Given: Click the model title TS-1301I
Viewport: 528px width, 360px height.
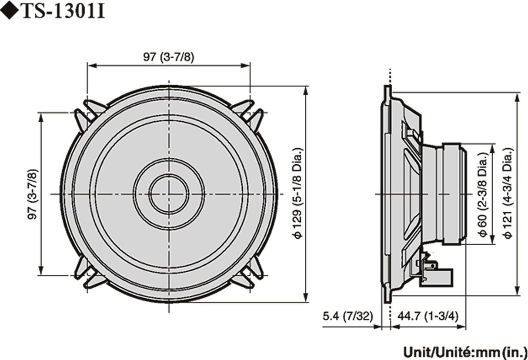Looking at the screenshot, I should coord(63,12).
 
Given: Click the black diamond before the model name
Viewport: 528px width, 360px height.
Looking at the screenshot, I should coord(10,12).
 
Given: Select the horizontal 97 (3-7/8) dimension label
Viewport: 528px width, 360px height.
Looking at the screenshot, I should coord(168,57).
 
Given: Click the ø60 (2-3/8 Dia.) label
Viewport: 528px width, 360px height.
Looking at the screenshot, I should coord(483,194).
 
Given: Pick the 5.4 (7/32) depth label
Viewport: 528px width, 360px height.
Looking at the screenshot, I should coord(348,315).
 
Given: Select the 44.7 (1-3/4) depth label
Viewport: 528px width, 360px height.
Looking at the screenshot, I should coord(428,315).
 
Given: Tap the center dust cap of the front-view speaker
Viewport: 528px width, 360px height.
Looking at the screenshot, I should coord(169,194).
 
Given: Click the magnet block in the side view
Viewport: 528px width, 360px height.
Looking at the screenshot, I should coord(453,194).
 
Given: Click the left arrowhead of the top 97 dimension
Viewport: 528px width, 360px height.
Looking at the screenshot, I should coord(90,66).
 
